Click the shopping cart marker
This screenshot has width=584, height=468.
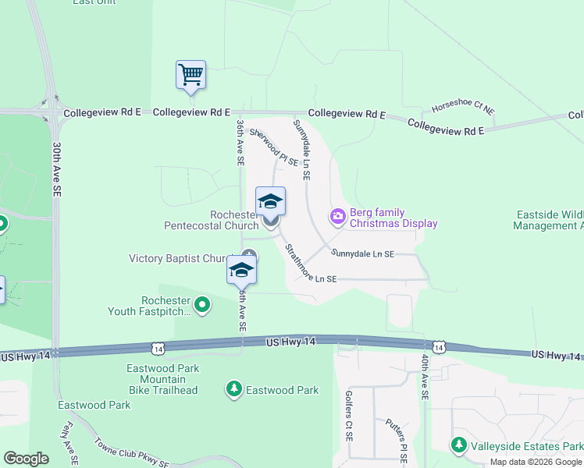click(x=191, y=75)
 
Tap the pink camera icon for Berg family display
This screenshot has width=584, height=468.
click(x=338, y=215)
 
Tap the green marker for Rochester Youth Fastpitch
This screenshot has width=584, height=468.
click(x=202, y=305)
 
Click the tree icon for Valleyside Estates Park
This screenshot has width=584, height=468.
click(x=459, y=445)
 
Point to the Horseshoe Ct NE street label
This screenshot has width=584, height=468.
click(x=463, y=108)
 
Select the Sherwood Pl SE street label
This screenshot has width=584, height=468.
click(x=274, y=148)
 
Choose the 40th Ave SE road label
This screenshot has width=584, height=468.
click(x=425, y=377)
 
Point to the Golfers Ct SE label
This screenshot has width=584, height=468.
click(x=348, y=414)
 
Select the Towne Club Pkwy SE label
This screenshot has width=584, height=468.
click(x=131, y=452)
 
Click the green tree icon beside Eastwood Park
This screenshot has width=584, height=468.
click(x=233, y=388)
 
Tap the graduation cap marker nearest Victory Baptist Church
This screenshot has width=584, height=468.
click(x=241, y=270)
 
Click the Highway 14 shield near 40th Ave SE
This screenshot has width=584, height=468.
click(x=439, y=346)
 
